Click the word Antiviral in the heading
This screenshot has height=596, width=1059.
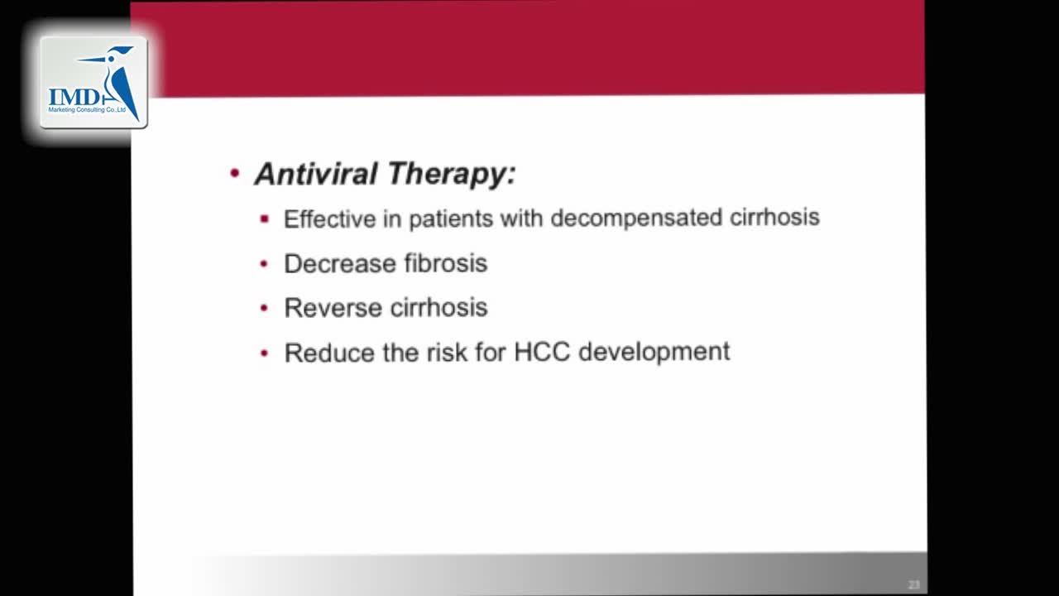click(x=316, y=174)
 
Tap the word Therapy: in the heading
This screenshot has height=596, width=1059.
click(x=452, y=175)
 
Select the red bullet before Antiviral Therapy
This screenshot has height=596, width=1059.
click(x=234, y=173)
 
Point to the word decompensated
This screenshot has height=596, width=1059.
click(x=636, y=218)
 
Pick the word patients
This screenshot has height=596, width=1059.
click(x=451, y=219)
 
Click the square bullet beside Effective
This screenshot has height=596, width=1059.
click(x=264, y=219)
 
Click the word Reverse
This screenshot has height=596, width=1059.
click(x=333, y=308)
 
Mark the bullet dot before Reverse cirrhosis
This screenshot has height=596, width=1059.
click(x=264, y=309)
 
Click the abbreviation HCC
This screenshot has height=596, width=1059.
click(x=542, y=353)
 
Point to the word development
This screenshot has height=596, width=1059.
click(x=654, y=353)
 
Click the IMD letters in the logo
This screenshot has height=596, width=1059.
click(x=74, y=98)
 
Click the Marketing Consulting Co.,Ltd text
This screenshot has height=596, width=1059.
click(x=87, y=110)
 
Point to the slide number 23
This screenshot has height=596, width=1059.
click(x=913, y=584)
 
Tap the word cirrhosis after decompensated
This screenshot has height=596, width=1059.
click(x=774, y=217)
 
